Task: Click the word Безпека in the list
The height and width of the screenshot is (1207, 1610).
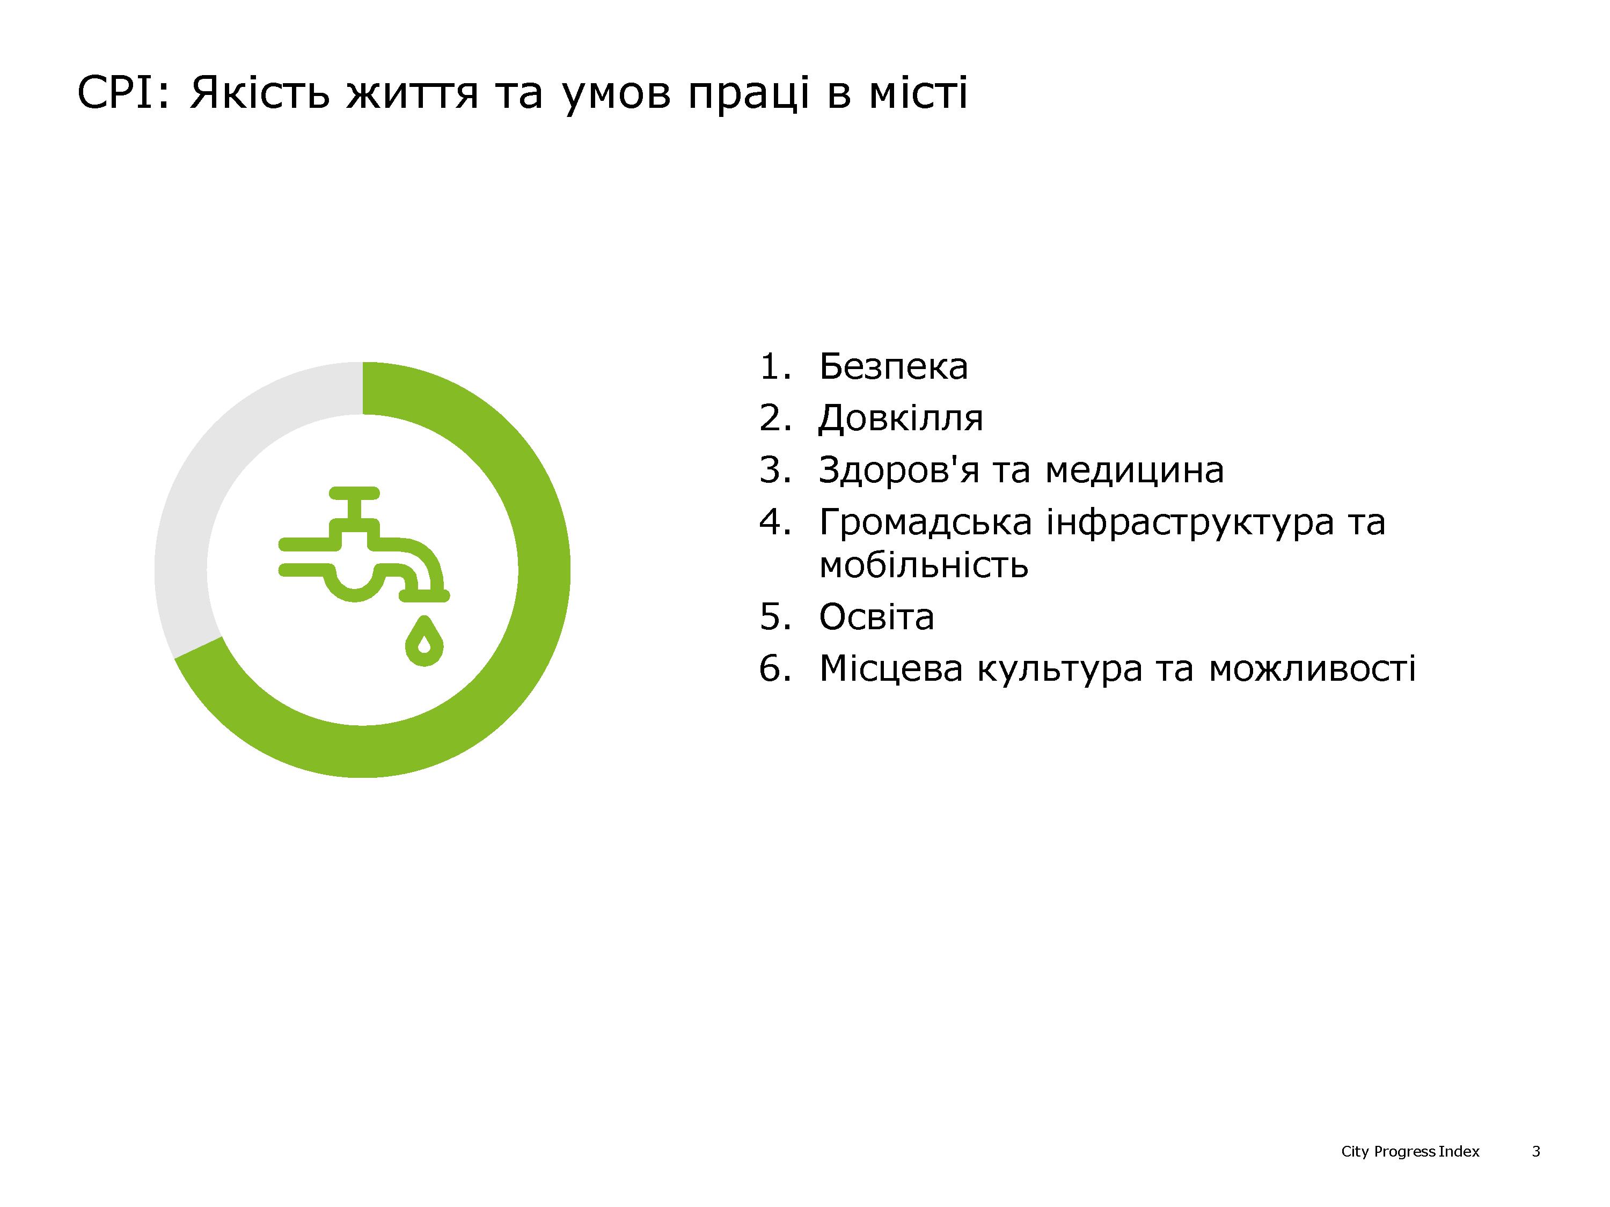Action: tap(893, 367)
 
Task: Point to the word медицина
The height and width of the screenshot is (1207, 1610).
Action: tap(1135, 470)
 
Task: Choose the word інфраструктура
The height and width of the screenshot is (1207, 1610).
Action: tap(1190, 523)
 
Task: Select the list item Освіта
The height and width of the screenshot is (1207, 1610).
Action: tap(876, 617)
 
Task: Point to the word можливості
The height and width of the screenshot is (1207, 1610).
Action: tap(1312, 668)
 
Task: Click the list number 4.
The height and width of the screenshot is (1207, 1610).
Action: tap(774, 523)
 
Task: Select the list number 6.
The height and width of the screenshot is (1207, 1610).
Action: tap(774, 668)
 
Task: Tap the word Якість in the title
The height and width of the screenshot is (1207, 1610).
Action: tap(260, 94)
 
